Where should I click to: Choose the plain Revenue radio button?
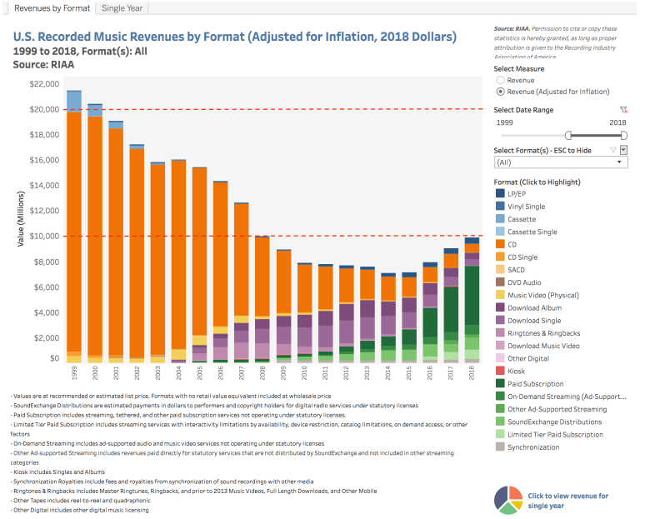[x=500, y=80]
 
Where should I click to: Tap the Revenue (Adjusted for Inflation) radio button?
[x=500, y=92]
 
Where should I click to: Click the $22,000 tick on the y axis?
[x=43, y=84]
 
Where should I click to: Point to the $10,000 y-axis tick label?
[x=43, y=236]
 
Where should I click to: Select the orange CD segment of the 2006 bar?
[x=220, y=250]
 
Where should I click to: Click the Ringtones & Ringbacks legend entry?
[x=544, y=333]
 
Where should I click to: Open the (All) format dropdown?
[x=560, y=162]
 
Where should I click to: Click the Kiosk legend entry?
[x=517, y=372]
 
